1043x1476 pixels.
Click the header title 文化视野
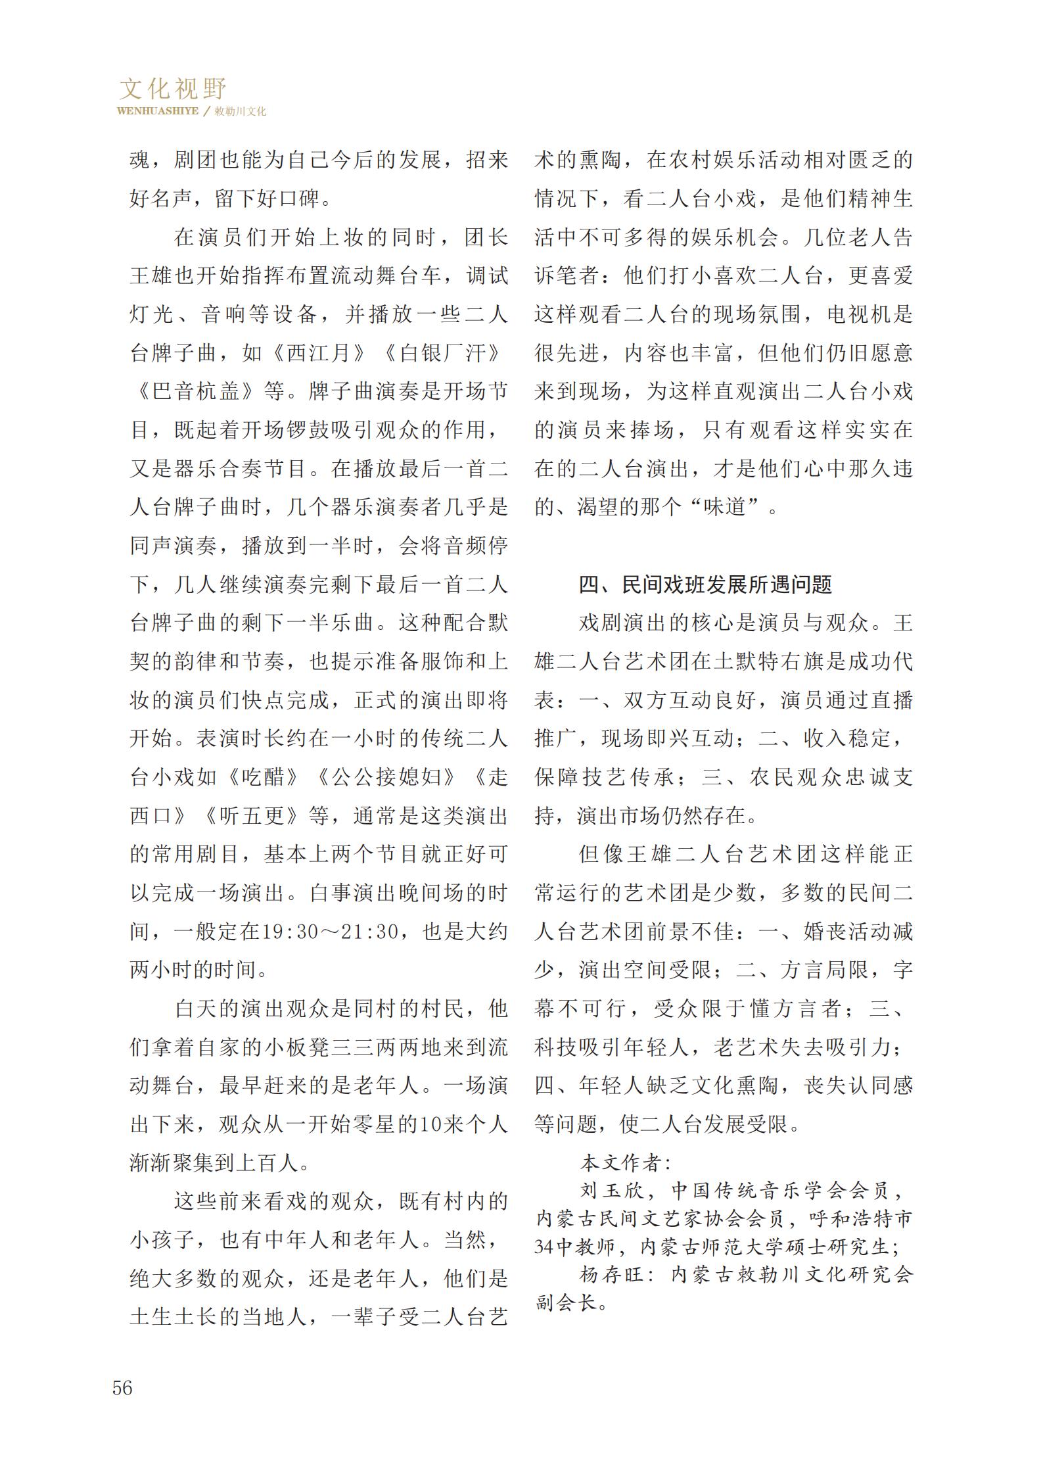tap(173, 88)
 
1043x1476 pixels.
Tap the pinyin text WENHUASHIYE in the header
tap(158, 111)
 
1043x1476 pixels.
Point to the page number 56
tap(122, 1388)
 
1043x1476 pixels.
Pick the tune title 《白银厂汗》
tap(444, 353)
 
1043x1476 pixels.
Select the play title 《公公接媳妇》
tap(387, 778)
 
